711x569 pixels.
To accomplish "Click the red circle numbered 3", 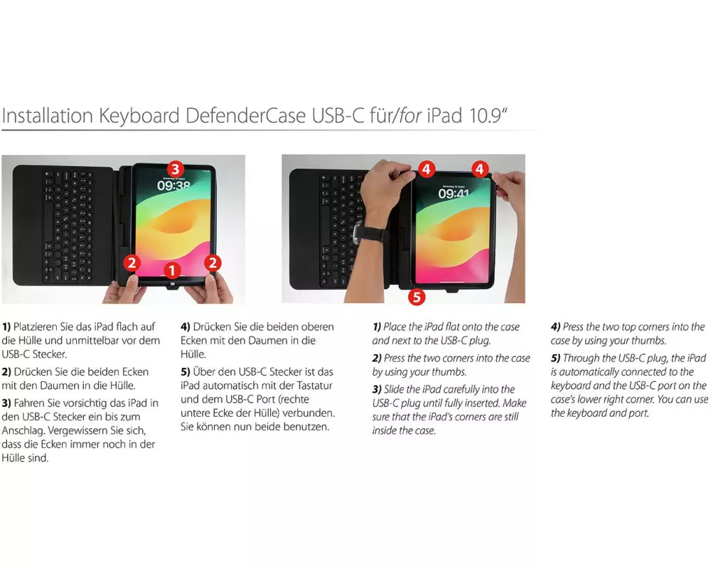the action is (176, 169).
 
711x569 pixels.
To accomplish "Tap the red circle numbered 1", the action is (172, 270).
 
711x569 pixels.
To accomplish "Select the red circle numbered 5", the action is (417, 297).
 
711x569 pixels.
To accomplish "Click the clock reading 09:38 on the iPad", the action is (173, 185).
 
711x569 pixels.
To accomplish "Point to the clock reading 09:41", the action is (454, 193).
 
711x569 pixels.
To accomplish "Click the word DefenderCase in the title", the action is (245, 115).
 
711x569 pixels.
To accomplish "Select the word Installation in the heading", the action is (48, 115).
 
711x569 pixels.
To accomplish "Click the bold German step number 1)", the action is (6, 326).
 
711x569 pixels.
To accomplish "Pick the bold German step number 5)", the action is (186, 372).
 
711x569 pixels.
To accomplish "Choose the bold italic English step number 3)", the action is (378, 389).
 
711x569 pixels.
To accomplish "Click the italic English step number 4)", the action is (556, 326).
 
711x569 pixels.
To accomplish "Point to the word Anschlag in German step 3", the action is (23, 431).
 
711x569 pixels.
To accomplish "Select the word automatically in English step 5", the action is (588, 372).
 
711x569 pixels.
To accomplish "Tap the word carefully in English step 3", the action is (461, 389).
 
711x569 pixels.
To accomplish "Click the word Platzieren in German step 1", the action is (36, 326).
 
